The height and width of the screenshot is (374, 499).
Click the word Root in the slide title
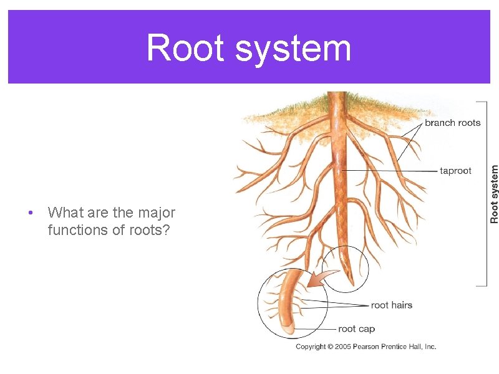185,48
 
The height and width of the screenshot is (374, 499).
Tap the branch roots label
452,123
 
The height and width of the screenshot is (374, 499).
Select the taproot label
455,171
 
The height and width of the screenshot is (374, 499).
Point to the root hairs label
391,305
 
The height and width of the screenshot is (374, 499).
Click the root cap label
356,328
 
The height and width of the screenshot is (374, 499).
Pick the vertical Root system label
494,194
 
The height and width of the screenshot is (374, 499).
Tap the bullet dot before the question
31,213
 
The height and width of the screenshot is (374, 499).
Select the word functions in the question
75,231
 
